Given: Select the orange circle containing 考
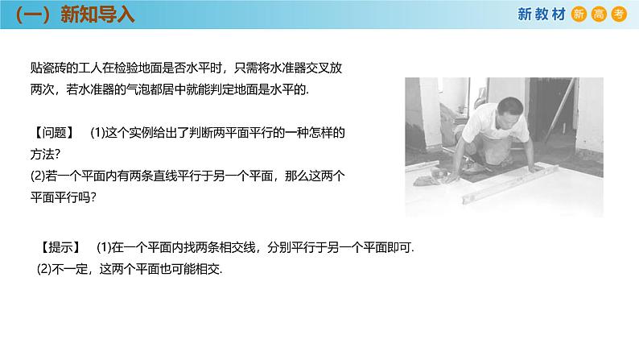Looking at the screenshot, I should pyautogui.click(x=619, y=14).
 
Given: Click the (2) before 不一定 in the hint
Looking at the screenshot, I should pyautogui.click(x=46, y=269).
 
